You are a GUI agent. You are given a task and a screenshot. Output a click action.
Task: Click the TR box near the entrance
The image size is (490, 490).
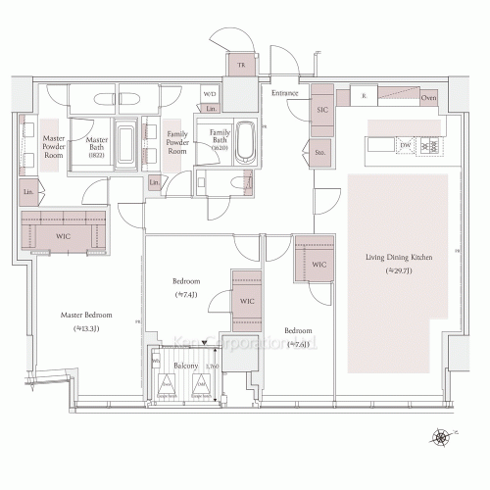coord(239,65)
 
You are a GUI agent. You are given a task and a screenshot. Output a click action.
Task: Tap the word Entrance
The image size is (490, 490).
coord(285,92)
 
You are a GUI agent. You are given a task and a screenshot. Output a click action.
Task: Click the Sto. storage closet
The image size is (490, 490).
coord(320,152)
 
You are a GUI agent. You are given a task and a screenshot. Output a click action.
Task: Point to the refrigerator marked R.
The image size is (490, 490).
coord(364,97)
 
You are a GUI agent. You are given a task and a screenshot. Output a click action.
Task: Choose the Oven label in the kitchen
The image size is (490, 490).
coord(428,98)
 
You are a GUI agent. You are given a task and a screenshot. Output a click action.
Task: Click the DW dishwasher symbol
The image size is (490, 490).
coord(405,146)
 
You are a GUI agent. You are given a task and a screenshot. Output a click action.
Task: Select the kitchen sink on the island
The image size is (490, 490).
coord(380,146)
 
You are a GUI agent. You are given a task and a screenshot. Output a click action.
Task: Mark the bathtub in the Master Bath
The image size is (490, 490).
coord(125,148)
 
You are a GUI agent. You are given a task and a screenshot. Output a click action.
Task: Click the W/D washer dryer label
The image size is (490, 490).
coord(209,94)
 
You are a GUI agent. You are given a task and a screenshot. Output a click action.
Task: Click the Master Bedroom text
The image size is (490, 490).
coord(86,317)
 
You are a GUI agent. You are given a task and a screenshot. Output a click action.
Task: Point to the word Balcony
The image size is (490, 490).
coord(186,367)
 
